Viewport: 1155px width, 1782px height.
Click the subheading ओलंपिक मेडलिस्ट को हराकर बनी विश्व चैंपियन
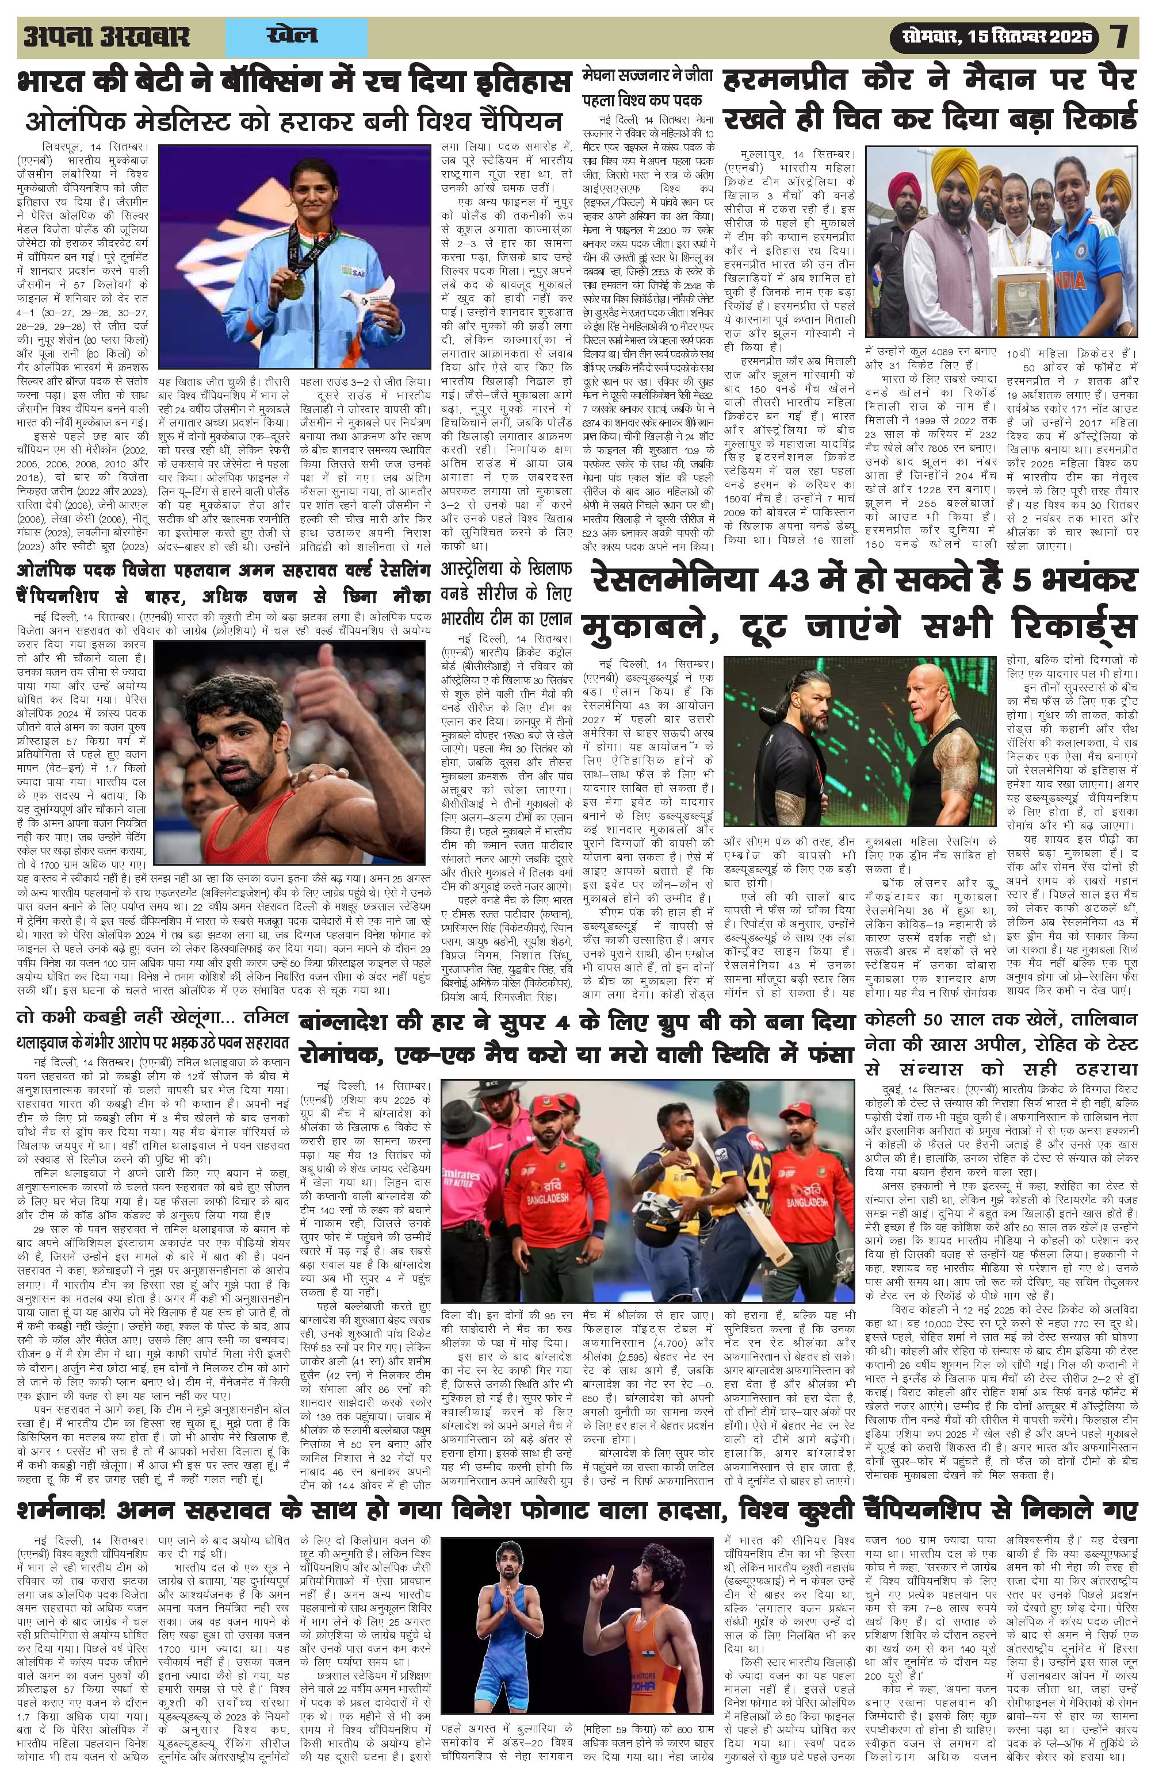tap(293, 122)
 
